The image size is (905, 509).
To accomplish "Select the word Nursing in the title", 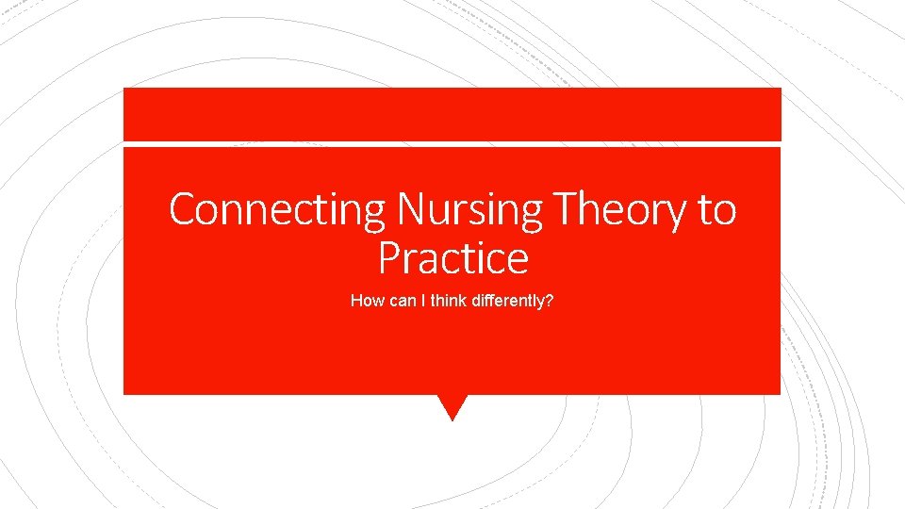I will (469, 209).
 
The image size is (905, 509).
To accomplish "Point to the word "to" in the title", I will (716, 209).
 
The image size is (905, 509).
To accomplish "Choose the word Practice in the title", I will (452, 256).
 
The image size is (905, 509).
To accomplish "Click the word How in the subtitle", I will (365, 302).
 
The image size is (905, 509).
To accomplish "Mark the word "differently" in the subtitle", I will (505, 302).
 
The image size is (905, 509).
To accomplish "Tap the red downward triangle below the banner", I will (452, 405).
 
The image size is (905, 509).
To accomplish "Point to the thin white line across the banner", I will (452, 143).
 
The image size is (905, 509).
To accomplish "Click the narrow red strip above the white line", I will (452, 114).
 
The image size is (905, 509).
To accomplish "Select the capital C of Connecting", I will (181, 209).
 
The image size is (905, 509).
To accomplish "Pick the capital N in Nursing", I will (411, 209).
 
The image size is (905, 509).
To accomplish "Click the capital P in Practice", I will (389, 256).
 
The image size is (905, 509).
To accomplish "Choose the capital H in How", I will (356, 302).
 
